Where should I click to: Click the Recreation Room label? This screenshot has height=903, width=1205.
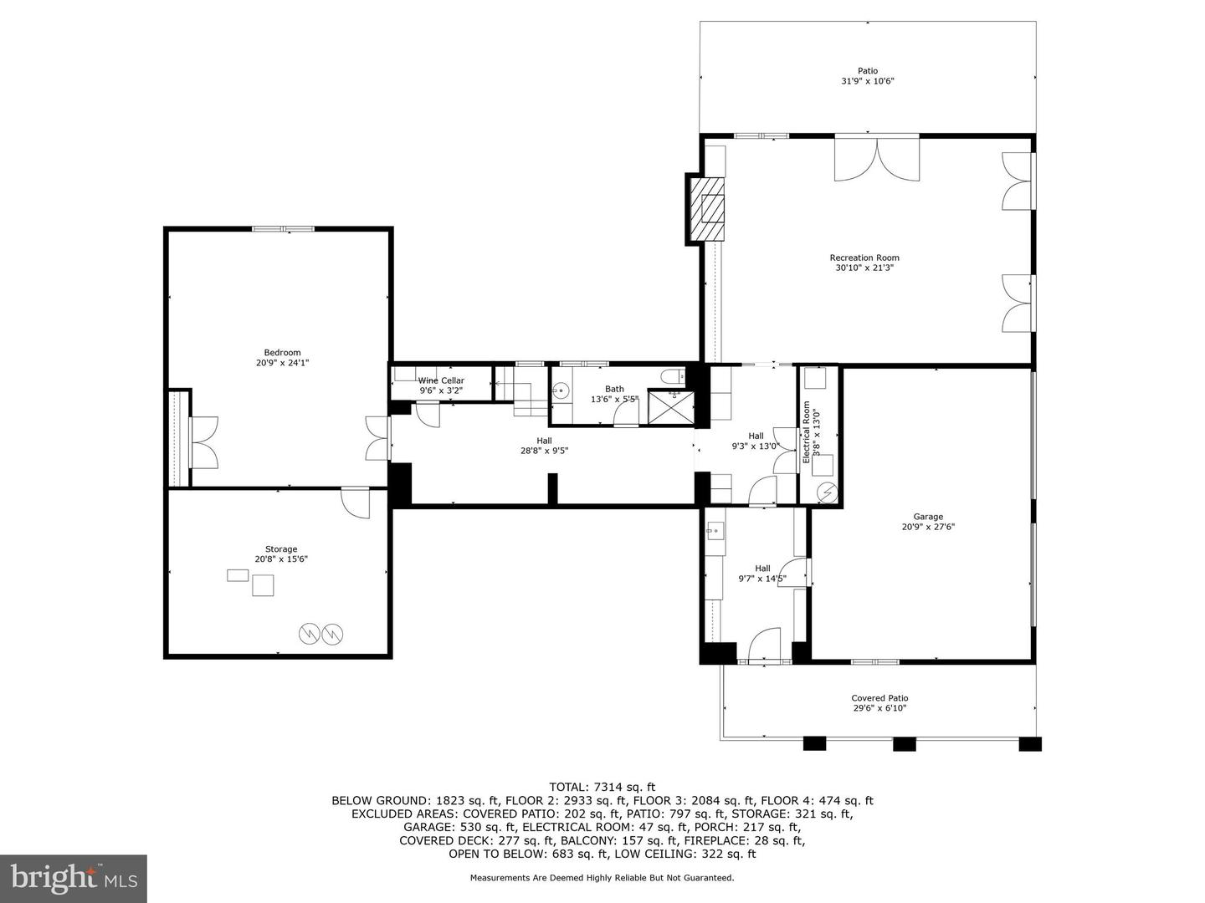(x=864, y=263)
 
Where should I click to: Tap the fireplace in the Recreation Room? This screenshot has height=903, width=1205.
(x=708, y=209)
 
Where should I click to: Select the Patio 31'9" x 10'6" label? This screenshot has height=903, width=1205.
(x=868, y=76)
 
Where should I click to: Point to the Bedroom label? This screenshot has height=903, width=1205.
(x=282, y=358)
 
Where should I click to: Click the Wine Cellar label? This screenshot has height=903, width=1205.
(x=441, y=385)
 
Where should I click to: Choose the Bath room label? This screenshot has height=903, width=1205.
(x=614, y=394)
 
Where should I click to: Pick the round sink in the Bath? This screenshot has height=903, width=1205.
(x=561, y=390)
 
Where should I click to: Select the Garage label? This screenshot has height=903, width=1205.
(x=928, y=522)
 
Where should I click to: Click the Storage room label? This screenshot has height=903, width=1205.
(x=281, y=554)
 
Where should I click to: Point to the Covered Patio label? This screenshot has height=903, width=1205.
(x=879, y=703)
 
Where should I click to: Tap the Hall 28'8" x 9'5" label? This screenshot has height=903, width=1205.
(x=544, y=446)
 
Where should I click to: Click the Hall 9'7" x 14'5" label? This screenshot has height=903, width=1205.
(x=762, y=574)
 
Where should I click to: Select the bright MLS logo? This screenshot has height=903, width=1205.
(x=74, y=878)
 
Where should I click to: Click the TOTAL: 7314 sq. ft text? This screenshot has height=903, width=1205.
(x=602, y=787)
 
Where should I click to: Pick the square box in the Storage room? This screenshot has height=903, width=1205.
(x=264, y=585)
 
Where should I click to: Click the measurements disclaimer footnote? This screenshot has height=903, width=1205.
(x=602, y=878)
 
